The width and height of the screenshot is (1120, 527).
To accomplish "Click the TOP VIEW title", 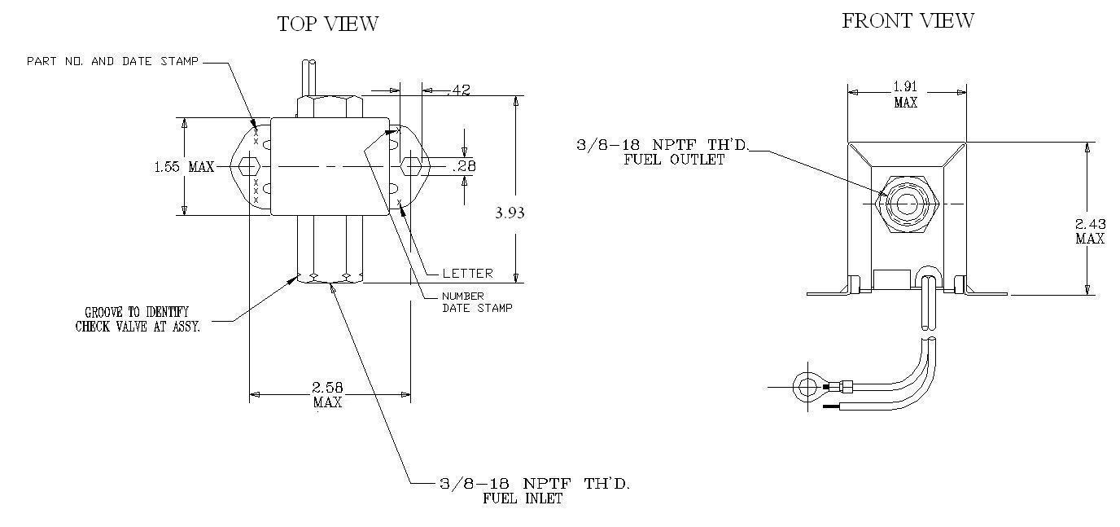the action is coord(328,24).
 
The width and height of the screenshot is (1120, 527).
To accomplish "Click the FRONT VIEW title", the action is coord(908,20).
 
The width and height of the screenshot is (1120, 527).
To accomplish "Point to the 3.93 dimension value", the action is coord(510,213).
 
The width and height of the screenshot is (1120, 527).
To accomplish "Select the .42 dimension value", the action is coord(459,90).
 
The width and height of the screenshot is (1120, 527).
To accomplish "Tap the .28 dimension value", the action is coord(464,166).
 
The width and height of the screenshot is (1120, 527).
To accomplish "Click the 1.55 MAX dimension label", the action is coord(184,167).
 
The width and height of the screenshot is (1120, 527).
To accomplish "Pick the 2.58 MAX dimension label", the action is coord(327,394).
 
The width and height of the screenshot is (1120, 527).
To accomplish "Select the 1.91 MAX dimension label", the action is coord(905,94).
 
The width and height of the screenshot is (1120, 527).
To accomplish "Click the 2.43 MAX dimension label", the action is coord(1090,231).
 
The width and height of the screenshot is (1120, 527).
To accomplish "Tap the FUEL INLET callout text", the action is coord(523,498).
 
